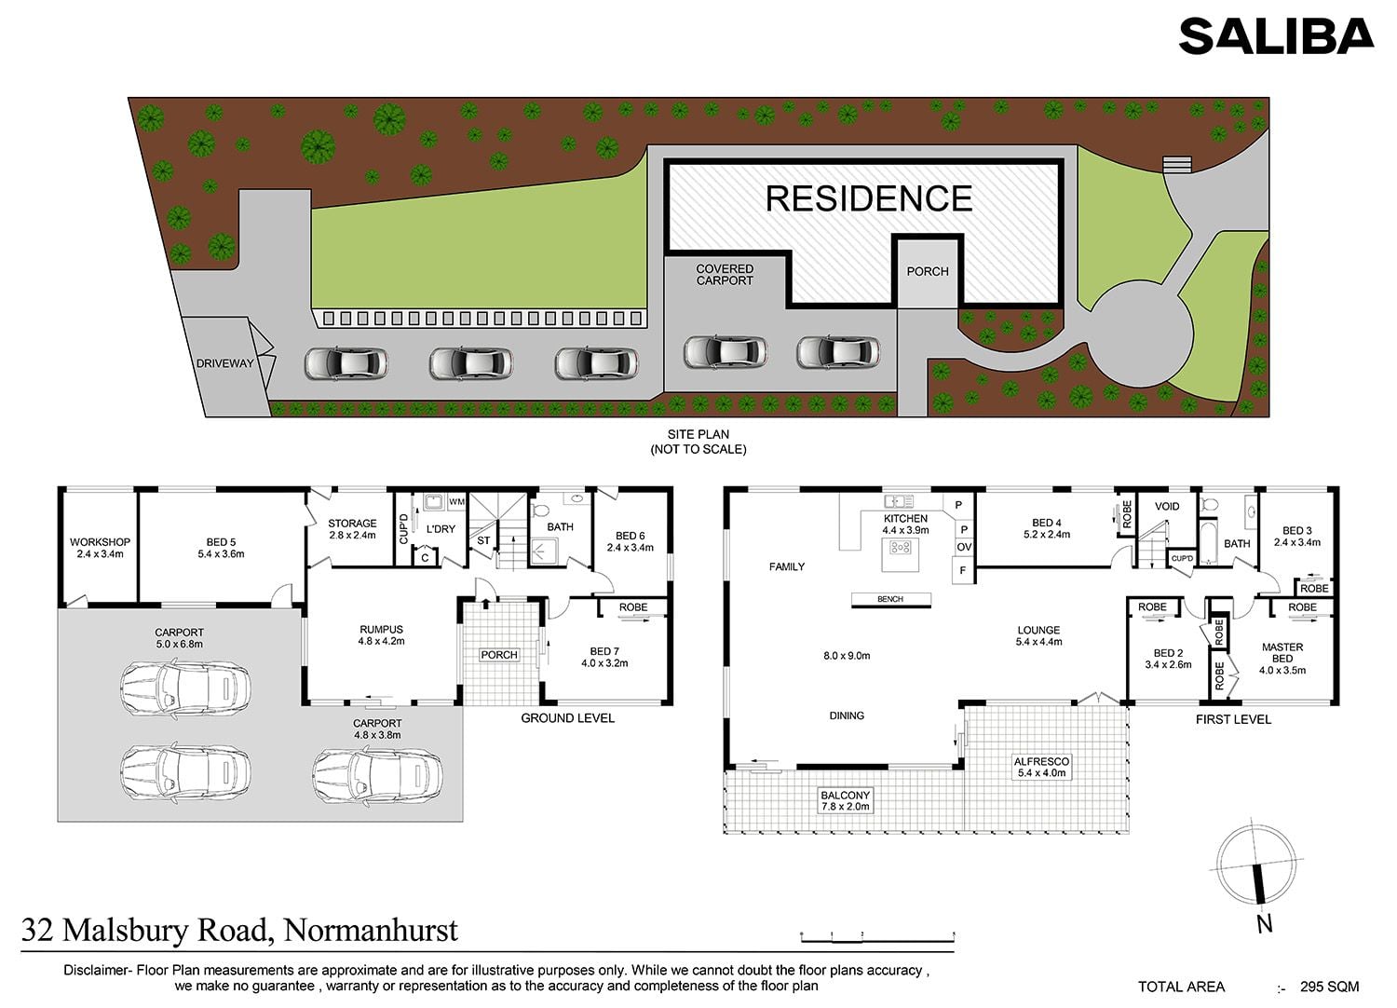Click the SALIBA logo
[x=1276, y=36]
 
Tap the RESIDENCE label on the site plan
[x=869, y=198]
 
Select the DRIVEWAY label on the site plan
[x=224, y=363]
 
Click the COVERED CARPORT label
[x=725, y=275]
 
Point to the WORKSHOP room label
[x=100, y=542]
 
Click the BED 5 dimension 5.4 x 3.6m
[x=221, y=554]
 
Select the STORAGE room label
[x=352, y=524]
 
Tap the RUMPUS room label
[x=381, y=630]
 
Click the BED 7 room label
[x=604, y=651]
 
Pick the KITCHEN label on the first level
[x=905, y=518]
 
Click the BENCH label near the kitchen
[x=890, y=599]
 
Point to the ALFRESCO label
[x=1041, y=762]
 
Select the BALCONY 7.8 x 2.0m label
[x=845, y=801]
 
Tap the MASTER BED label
[x=1282, y=653]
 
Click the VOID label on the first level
[x=1167, y=507]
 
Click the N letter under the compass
[x=1264, y=924]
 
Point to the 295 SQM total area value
[x=1330, y=987]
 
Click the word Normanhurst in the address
[x=371, y=930]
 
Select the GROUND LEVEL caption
[x=567, y=718]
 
